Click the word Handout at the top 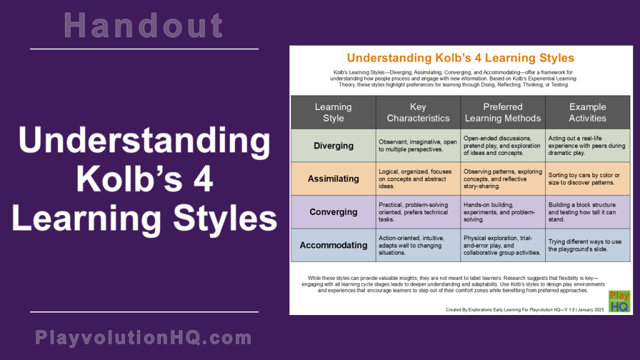pos(144,26)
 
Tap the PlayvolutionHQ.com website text pos(144,338)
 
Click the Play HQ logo pos(619,301)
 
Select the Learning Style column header pos(333,112)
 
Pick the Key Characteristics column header pos(418,112)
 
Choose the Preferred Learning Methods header pos(503,112)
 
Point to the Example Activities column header pos(587,112)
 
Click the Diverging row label pos(333,146)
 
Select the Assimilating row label pos(333,179)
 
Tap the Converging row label pos(333,212)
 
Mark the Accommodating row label pos(333,245)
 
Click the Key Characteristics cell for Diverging pos(418,146)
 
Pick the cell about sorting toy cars pos(587,179)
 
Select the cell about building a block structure pos(587,212)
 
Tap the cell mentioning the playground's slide pos(587,245)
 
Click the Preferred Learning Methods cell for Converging pos(503,212)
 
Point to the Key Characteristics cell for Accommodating pos(418,245)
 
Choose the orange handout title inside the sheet pos(461,58)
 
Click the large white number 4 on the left pos(202,181)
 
